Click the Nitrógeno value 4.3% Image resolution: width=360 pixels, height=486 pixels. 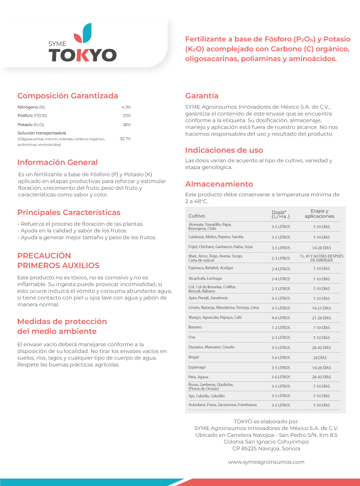(126, 107)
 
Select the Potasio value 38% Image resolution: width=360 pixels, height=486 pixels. (126, 125)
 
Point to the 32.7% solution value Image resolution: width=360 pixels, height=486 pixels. (125, 139)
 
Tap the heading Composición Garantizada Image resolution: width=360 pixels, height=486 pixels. (67, 96)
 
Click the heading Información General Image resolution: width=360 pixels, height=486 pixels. (58, 162)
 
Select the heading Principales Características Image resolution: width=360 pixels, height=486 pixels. (69, 212)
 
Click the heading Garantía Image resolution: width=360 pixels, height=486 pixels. (201, 96)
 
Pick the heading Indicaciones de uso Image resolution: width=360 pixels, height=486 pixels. (224, 150)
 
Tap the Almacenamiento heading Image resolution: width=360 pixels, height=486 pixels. (219, 184)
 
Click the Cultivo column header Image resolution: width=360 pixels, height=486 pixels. (197, 216)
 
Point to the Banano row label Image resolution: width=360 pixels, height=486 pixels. (195, 327)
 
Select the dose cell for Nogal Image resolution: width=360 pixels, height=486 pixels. (280, 357)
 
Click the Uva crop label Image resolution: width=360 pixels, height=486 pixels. (192, 337)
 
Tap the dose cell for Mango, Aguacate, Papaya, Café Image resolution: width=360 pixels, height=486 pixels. (280, 318)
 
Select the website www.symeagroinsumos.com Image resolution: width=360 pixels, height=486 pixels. (266, 462)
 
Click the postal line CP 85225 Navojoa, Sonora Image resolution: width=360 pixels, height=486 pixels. (266, 448)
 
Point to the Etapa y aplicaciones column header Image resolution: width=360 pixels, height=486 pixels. (319, 213)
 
